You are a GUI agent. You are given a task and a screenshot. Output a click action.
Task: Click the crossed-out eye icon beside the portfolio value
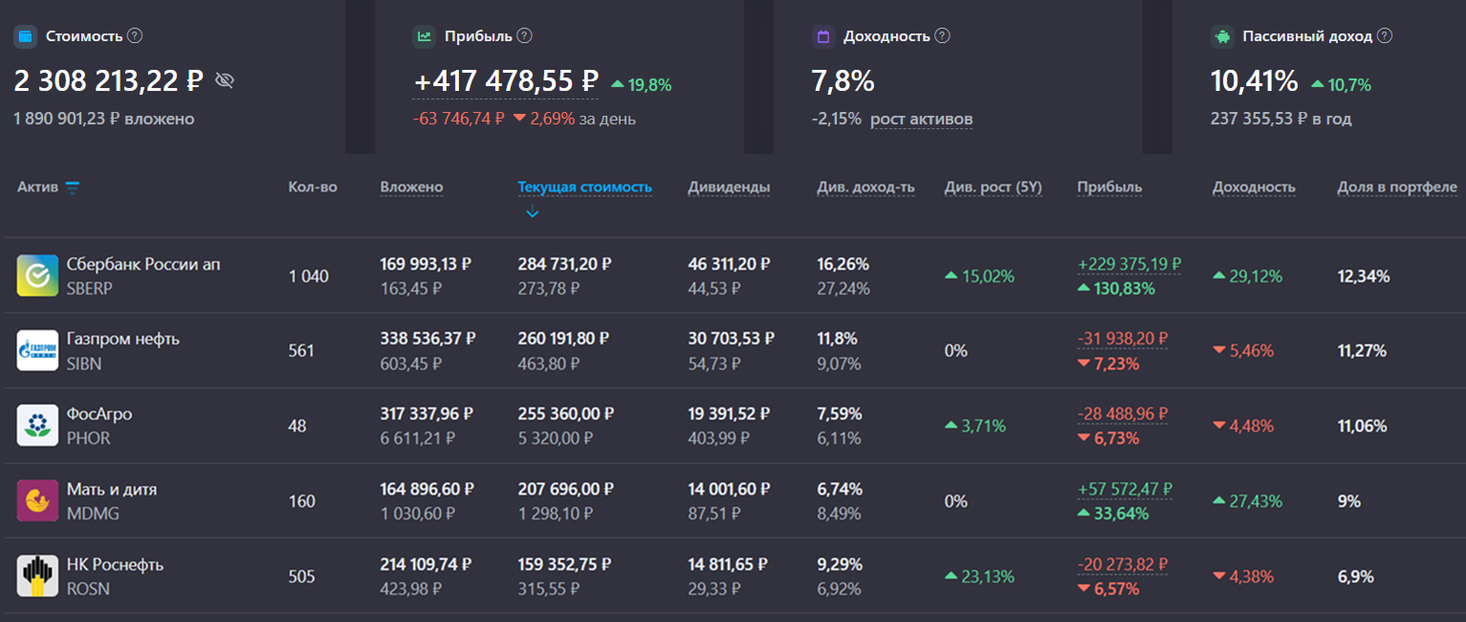[x=225, y=80]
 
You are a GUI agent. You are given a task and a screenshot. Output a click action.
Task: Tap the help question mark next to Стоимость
[x=135, y=35]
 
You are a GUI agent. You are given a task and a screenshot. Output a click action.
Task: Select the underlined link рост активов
[x=921, y=119]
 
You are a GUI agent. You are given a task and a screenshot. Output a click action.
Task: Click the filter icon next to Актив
[x=73, y=188]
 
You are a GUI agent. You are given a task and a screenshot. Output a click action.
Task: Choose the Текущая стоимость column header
[x=584, y=187]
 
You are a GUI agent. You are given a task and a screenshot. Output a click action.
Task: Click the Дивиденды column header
[x=729, y=187]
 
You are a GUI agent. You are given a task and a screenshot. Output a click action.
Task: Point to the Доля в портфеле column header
[x=1396, y=187]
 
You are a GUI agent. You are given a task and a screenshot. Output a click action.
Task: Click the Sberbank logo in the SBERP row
[x=37, y=276]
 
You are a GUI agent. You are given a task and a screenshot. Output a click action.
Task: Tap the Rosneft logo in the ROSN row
[x=37, y=576]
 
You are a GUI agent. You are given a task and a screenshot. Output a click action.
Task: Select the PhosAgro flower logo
[x=37, y=426]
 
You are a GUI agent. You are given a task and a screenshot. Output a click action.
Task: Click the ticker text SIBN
[x=84, y=364]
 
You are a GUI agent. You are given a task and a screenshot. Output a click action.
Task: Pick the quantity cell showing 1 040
[x=308, y=277]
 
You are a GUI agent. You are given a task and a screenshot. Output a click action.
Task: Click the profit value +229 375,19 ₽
[x=1129, y=264]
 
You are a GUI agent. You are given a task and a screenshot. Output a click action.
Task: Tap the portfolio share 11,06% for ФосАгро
[x=1362, y=426]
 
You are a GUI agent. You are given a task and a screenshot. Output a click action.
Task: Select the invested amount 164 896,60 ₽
[x=427, y=489]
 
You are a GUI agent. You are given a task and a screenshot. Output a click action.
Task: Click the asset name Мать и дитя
[x=111, y=489]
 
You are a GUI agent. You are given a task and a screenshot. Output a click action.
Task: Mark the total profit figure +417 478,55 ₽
[x=506, y=81]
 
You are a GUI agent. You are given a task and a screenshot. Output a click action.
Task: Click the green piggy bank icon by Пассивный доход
[x=1222, y=36]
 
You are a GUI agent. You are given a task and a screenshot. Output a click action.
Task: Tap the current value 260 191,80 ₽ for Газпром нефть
[x=563, y=339]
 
